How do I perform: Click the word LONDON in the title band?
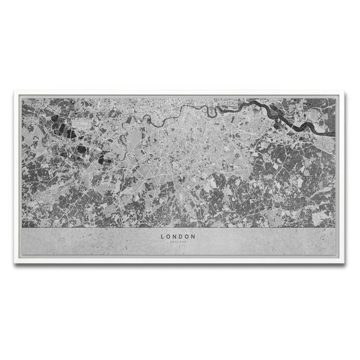click(x=178, y=236)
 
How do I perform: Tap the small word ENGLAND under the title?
click(x=178, y=242)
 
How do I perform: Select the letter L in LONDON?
click(x=163, y=236)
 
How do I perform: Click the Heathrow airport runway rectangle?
click(x=82, y=123)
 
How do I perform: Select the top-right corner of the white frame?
click(x=346, y=89)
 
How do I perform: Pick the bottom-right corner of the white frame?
click(x=346, y=263)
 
